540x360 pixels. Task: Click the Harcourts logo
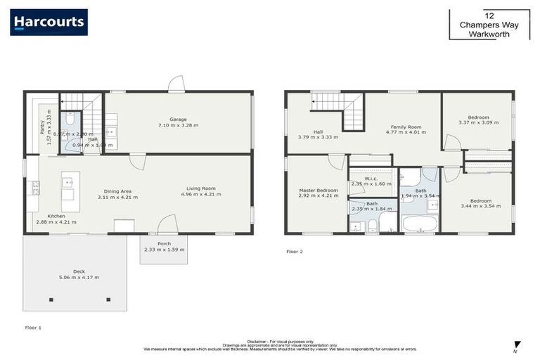click(x=49, y=22)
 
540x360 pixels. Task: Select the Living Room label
click(x=201, y=188)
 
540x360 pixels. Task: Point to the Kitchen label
click(x=56, y=216)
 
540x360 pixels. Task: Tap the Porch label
click(x=164, y=243)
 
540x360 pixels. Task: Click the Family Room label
click(x=404, y=127)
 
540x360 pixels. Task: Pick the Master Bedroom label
click(x=319, y=191)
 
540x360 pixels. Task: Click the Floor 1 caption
click(x=34, y=328)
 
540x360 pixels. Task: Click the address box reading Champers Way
click(x=489, y=25)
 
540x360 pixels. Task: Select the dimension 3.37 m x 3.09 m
click(x=478, y=122)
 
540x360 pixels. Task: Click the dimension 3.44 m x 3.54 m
click(x=480, y=206)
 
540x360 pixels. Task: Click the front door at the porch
click(x=167, y=226)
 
